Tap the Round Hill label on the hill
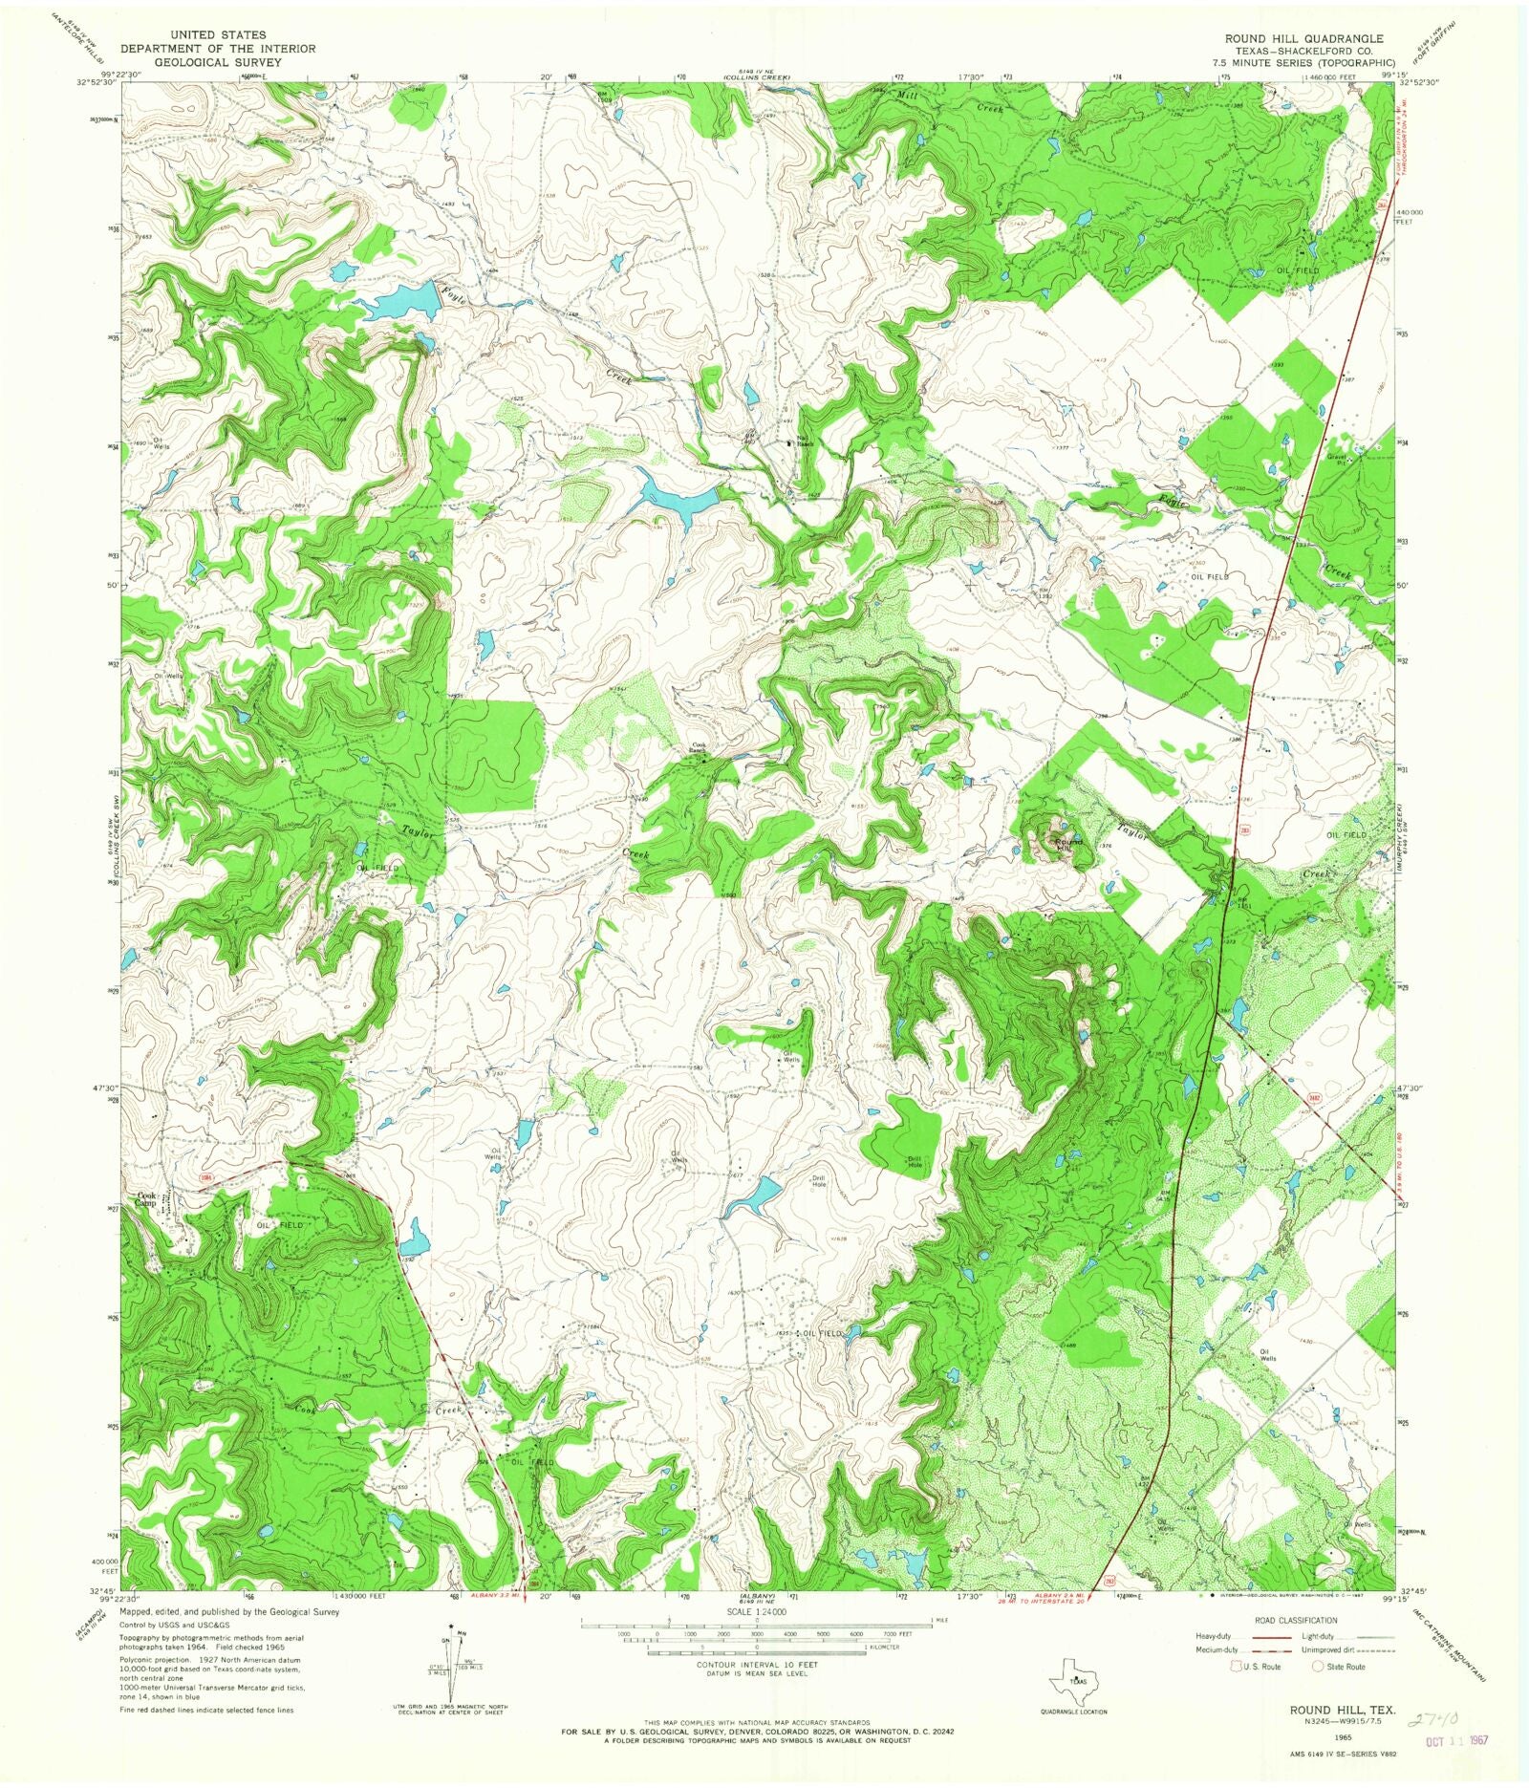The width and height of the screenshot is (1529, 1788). tap(1067, 843)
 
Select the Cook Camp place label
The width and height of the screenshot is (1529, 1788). tap(146, 1198)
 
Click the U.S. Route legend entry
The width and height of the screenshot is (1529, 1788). tap(1254, 1667)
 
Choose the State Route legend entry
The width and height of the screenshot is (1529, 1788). tap(1337, 1667)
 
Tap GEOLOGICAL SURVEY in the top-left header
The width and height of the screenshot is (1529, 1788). tap(219, 63)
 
